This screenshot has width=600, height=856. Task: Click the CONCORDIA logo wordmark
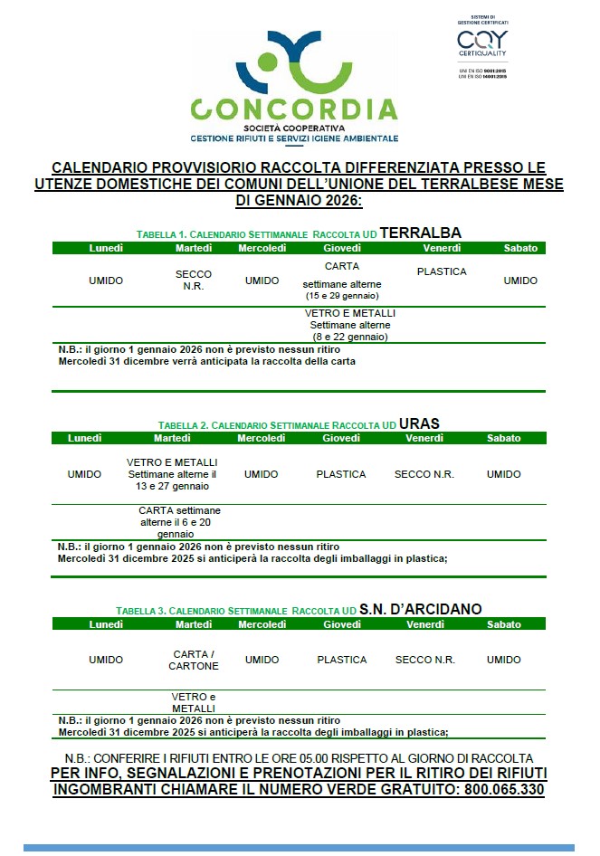(294, 109)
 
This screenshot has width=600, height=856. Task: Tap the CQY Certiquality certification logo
(482, 44)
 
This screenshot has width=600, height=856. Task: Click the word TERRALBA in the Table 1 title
(420, 233)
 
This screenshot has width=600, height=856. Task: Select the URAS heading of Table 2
(419, 423)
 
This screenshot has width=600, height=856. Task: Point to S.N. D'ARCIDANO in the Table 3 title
(420, 609)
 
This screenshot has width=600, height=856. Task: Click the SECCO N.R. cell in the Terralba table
(194, 281)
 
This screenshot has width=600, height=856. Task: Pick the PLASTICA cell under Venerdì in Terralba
(442, 271)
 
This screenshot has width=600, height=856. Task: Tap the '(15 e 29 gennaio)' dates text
(342, 296)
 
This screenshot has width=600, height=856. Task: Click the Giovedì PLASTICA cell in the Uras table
(341, 474)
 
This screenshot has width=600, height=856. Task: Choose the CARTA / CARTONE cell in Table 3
(194, 660)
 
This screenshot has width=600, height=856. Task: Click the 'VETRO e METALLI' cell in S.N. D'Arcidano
(194, 702)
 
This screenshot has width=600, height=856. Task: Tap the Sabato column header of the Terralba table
(520, 248)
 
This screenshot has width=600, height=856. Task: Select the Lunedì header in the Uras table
(83, 438)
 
